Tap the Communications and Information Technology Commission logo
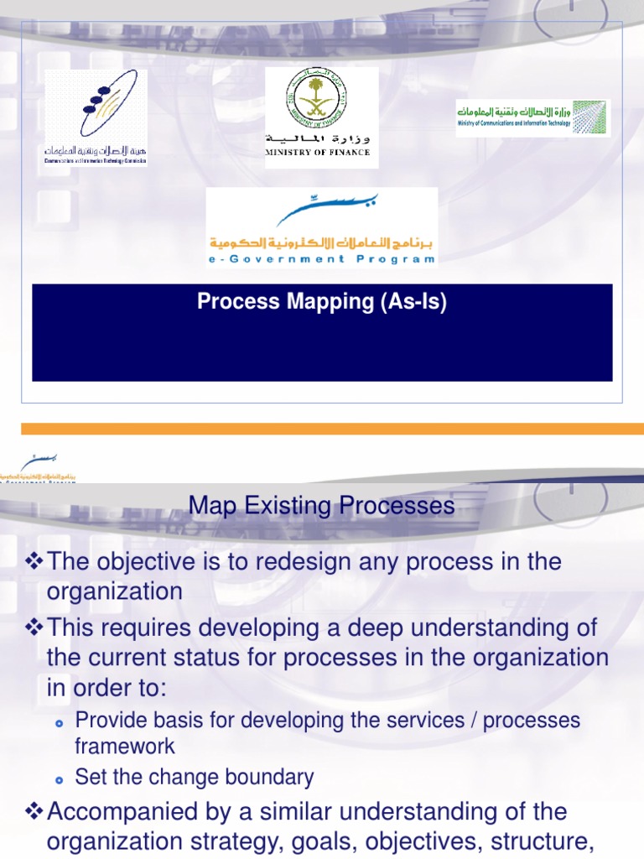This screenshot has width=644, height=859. tap(96, 117)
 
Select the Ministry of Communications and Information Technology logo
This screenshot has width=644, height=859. tap(533, 117)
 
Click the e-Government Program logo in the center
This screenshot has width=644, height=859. tap(322, 226)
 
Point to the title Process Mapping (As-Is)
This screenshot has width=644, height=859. tap(322, 302)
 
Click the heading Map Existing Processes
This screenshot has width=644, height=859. tap(322, 506)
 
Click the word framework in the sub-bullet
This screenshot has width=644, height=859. tap(125, 746)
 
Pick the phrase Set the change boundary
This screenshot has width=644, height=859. tap(195, 778)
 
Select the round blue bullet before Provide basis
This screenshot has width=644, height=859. tap(59, 722)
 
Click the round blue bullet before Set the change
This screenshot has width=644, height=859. tap(59, 779)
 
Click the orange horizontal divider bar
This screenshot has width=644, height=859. tap(322, 428)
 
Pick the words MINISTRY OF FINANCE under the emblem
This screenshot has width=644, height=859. tap(317, 153)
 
